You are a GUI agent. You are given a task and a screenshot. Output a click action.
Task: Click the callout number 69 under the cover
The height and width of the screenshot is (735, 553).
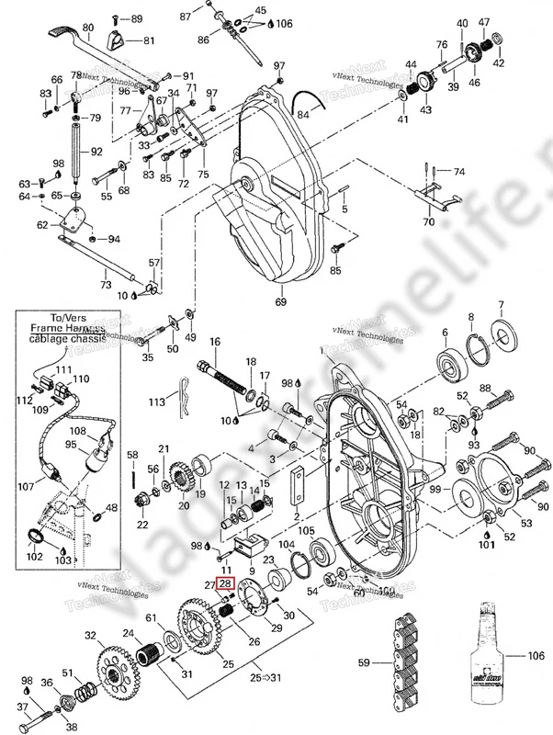point(281,301)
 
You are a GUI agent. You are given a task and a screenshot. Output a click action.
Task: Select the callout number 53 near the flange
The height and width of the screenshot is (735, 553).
point(526,524)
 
